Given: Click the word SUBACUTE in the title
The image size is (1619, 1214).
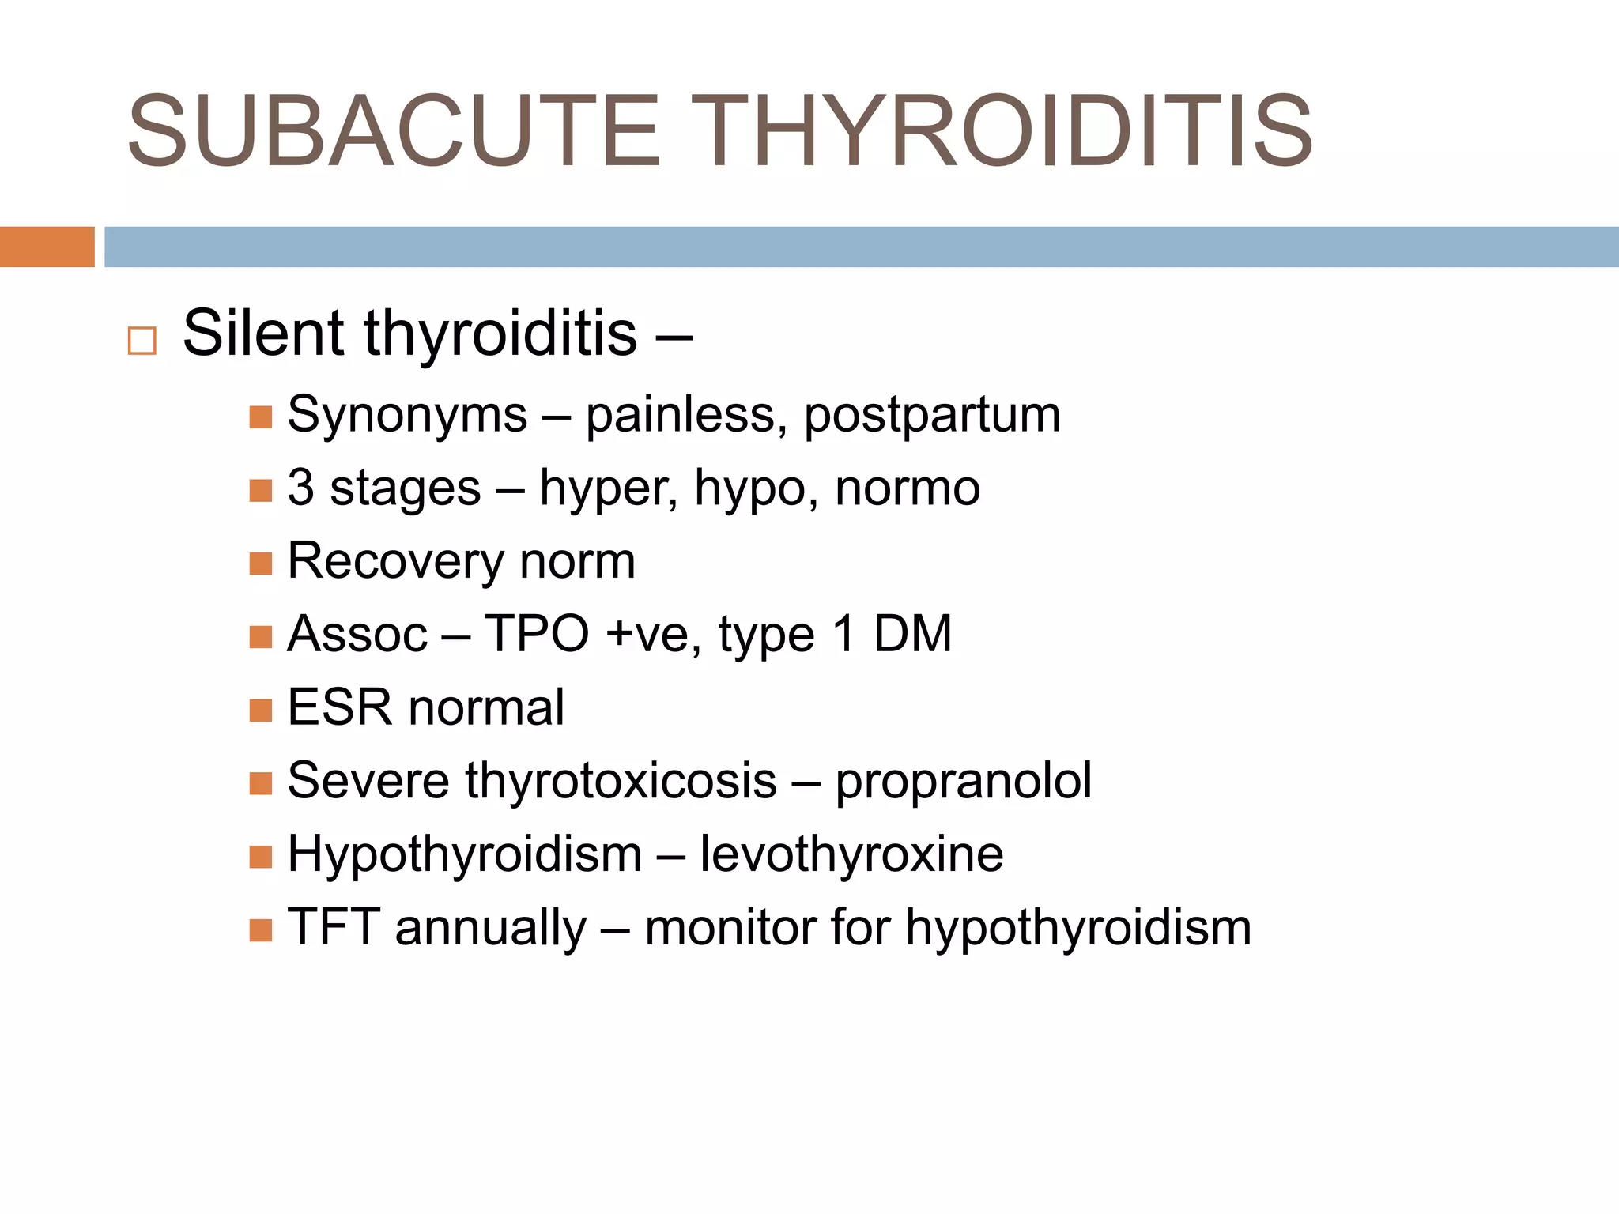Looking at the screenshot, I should [393, 132].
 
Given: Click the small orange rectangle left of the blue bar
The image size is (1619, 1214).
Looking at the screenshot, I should [47, 247].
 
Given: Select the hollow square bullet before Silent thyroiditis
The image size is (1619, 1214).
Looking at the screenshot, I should [142, 341].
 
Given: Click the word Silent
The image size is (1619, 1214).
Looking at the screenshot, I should [266, 333].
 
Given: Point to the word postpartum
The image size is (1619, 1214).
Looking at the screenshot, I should [932, 415].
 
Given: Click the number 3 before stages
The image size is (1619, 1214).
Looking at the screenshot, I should [300, 488].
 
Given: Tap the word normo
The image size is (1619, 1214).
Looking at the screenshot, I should [908, 488].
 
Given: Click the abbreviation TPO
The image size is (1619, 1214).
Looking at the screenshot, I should [537, 634].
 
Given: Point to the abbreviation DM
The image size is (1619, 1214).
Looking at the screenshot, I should [912, 634].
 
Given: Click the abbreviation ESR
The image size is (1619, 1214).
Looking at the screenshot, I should [340, 707].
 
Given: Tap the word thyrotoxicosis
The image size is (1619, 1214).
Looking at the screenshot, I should [621, 781].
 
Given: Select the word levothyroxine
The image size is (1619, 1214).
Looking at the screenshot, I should [851, 854].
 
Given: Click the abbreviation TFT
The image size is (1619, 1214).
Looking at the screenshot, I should [333, 927].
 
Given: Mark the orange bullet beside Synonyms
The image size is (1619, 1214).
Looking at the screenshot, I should [260, 417].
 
